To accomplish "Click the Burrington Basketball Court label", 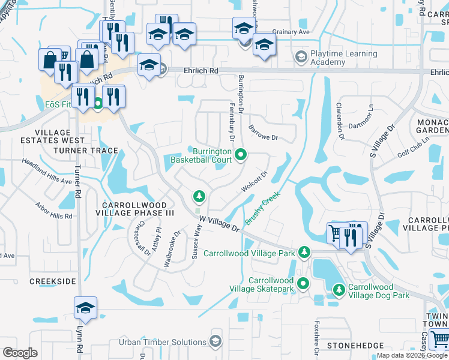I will click(x=200, y=155).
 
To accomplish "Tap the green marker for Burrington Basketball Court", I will click(x=241, y=155).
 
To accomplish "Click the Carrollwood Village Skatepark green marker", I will click(x=304, y=284).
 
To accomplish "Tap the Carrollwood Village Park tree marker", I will click(x=305, y=253).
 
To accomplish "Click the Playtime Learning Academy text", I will click(x=345, y=58).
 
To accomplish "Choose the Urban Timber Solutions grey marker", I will click(x=215, y=341).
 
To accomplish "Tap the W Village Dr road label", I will click(x=220, y=224).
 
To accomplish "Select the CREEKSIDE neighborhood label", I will click(x=53, y=281).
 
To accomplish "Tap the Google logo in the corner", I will click(x=20, y=353).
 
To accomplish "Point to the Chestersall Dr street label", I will click(x=143, y=241).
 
